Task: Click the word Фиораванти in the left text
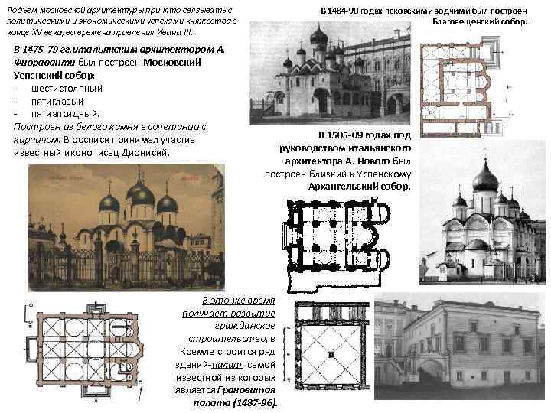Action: pyautogui.click(x=41, y=63)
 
